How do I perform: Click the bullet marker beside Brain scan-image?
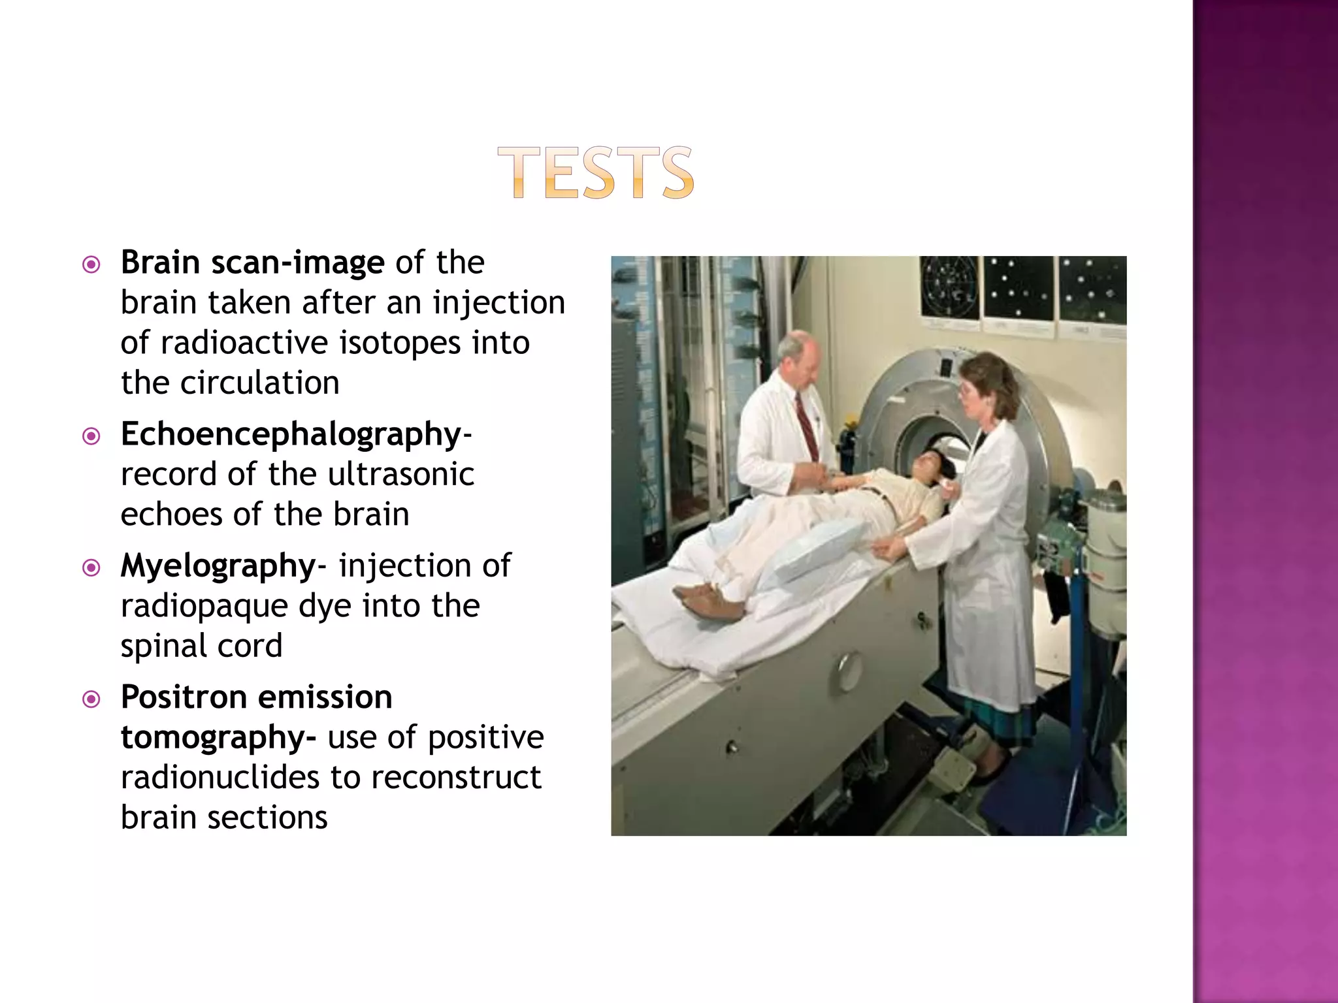[91, 264]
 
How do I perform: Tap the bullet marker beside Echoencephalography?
[91, 436]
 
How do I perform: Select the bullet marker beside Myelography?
[91, 567]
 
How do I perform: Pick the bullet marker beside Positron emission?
[91, 699]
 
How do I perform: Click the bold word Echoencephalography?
[291, 434]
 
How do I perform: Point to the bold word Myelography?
[218, 566]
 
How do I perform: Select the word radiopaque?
[204, 606]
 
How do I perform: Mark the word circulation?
[259, 383]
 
